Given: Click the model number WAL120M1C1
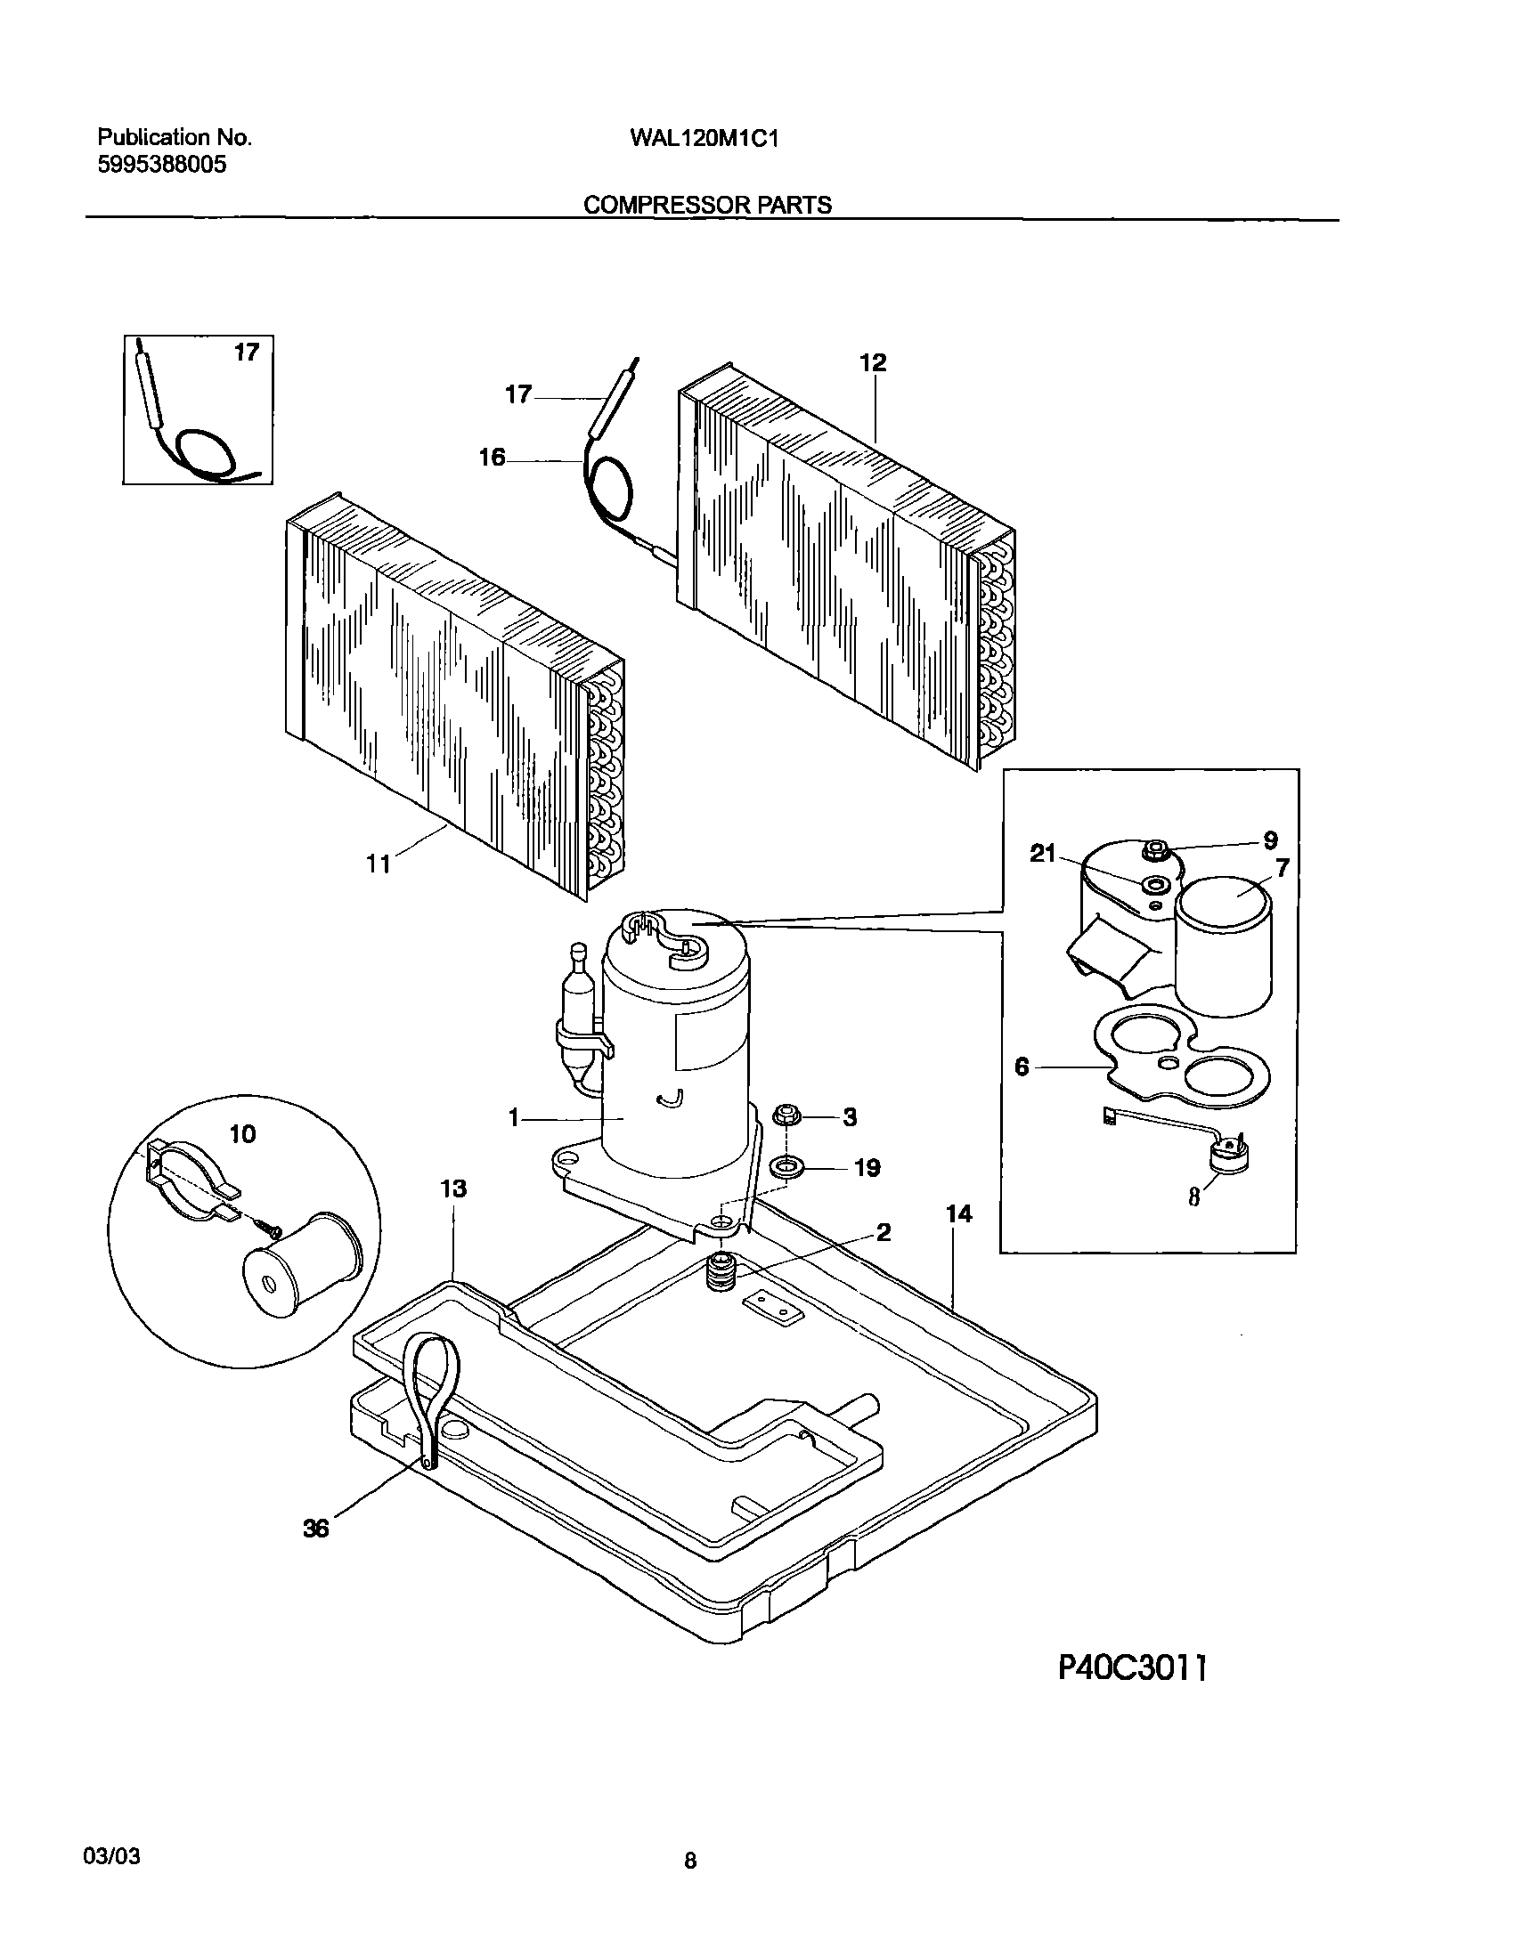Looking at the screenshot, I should [704, 138].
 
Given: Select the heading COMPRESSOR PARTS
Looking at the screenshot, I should [707, 205].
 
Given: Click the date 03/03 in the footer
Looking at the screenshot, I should [111, 1856].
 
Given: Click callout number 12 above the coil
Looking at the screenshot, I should [873, 363].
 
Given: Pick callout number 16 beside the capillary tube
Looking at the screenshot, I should [493, 458].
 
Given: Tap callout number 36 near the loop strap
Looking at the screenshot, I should [316, 1529].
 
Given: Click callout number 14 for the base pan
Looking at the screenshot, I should [959, 1213].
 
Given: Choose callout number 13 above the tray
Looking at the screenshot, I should [453, 1188].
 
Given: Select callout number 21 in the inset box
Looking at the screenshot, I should [1042, 854].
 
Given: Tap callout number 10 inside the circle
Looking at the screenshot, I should [242, 1133].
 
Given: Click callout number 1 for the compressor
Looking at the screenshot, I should [514, 1117].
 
